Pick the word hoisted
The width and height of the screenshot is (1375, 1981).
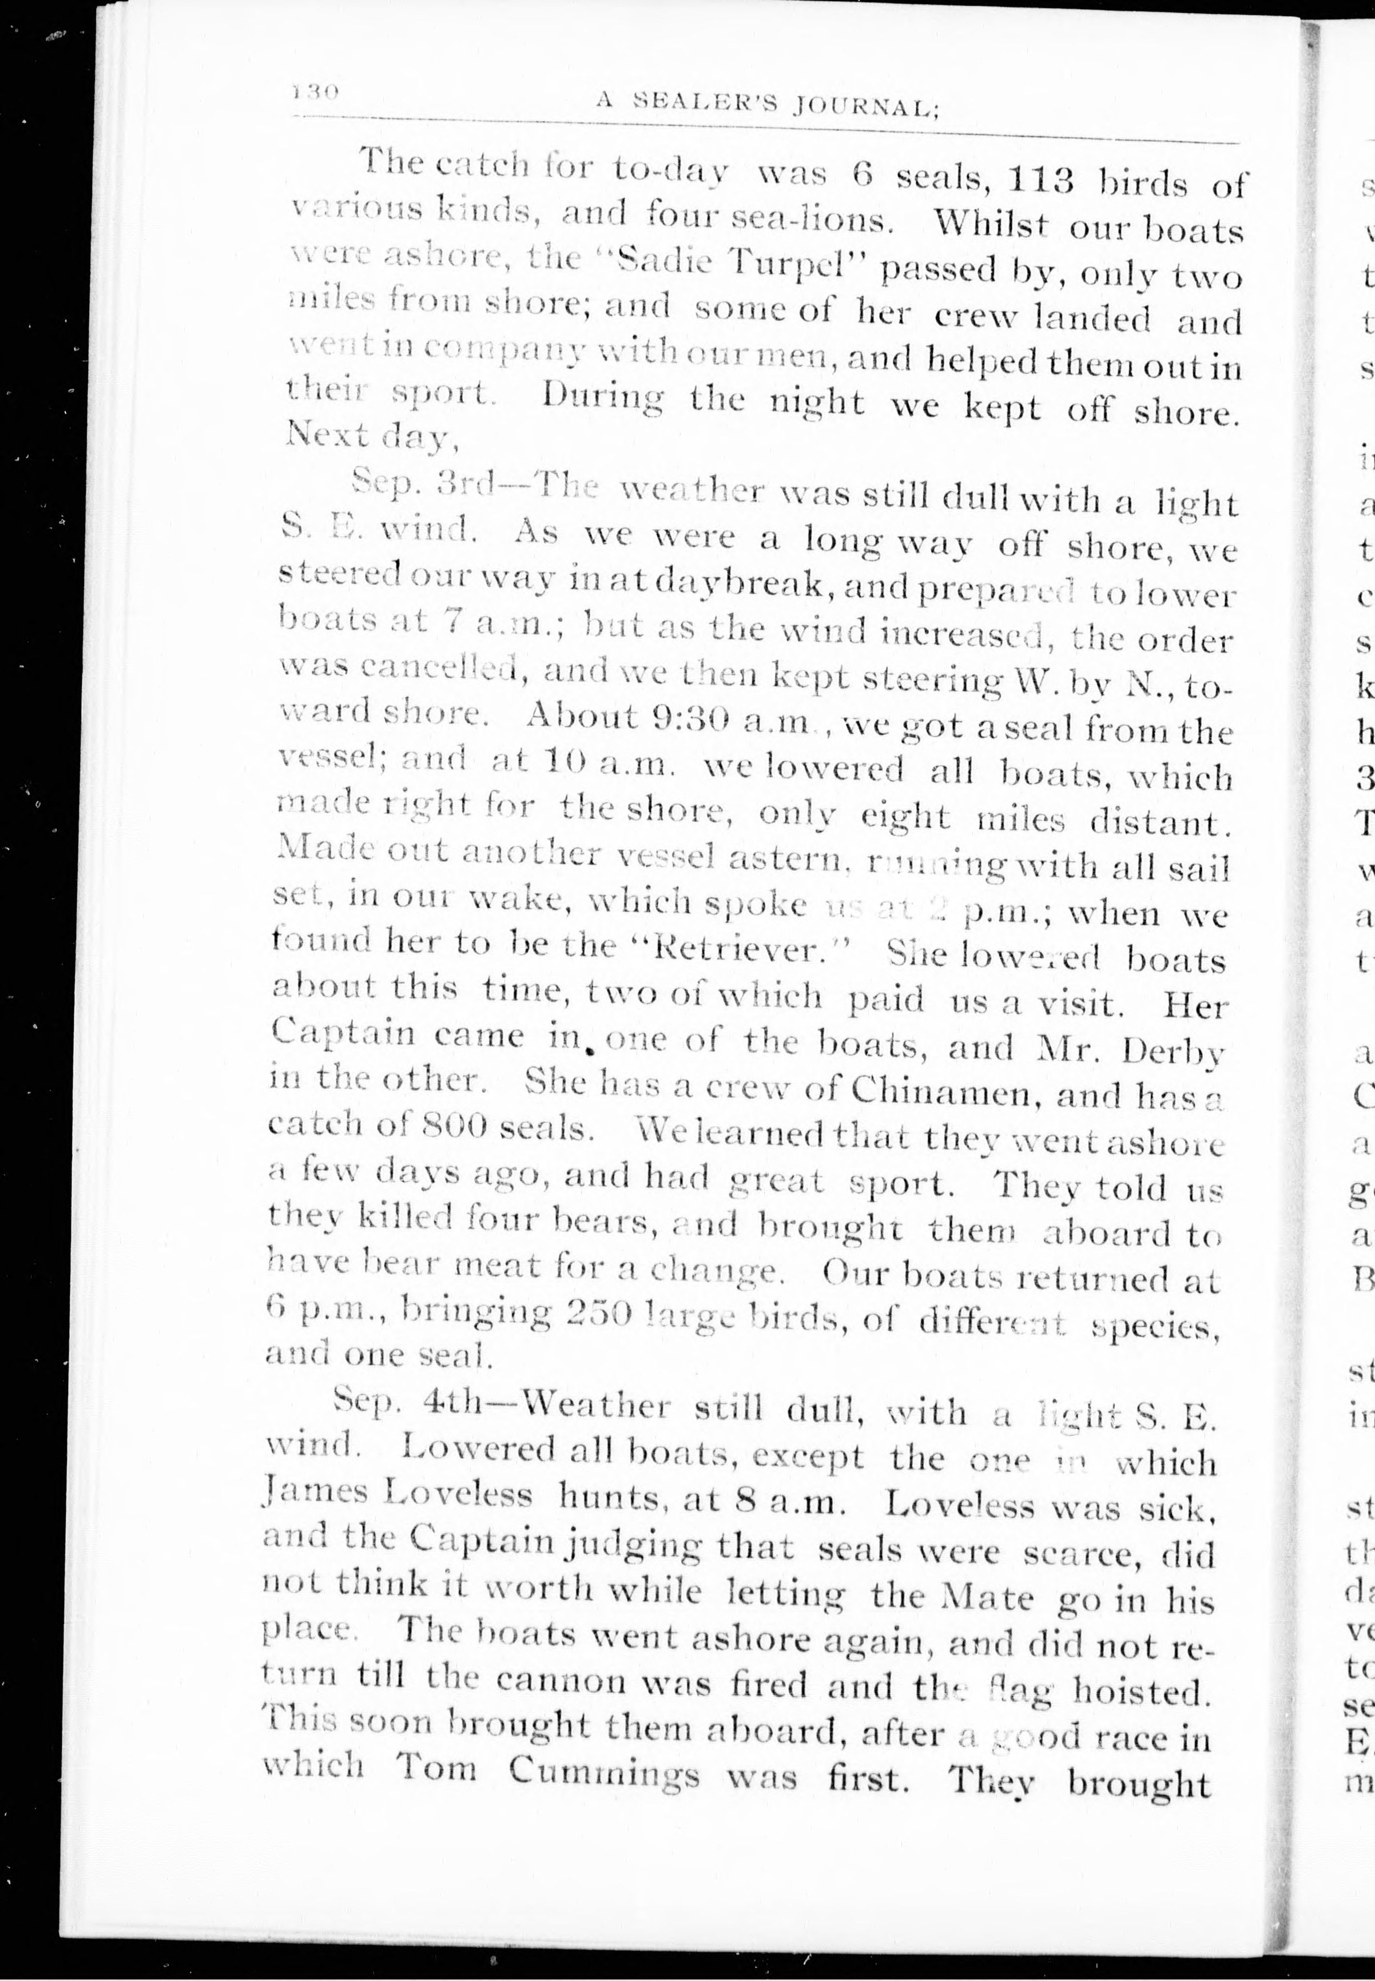1137,1690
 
